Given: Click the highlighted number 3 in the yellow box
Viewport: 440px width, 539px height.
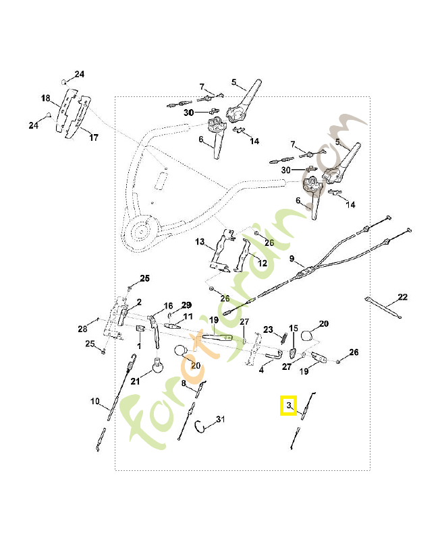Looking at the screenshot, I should tap(289, 406).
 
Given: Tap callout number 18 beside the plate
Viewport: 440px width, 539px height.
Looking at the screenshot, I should tap(46, 98).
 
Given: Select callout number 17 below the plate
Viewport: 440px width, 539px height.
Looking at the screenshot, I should tap(93, 138).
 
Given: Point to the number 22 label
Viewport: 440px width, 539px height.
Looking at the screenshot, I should tap(402, 297).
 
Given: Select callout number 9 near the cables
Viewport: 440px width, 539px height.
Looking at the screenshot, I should tap(292, 259).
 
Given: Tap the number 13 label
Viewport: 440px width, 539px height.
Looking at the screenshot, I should tap(200, 241).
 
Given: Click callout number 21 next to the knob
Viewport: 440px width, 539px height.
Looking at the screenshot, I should tap(135, 381).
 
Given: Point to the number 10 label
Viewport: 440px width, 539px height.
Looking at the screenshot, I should tap(95, 402).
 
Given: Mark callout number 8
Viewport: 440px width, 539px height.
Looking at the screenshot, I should tap(183, 383).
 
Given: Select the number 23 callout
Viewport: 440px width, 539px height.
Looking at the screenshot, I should tap(267, 329).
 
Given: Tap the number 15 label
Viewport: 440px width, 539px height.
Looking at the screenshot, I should tap(293, 328).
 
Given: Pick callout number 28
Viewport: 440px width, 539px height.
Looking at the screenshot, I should tap(82, 329).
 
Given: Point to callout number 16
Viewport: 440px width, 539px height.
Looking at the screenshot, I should tap(168, 305).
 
